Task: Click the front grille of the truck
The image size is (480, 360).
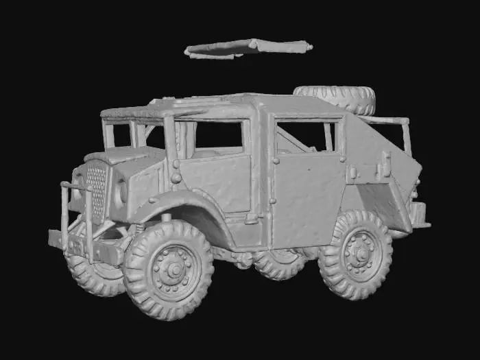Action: (x=97, y=189)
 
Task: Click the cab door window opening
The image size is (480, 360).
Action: (x=219, y=137)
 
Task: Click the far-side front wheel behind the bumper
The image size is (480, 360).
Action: (x=93, y=271)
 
